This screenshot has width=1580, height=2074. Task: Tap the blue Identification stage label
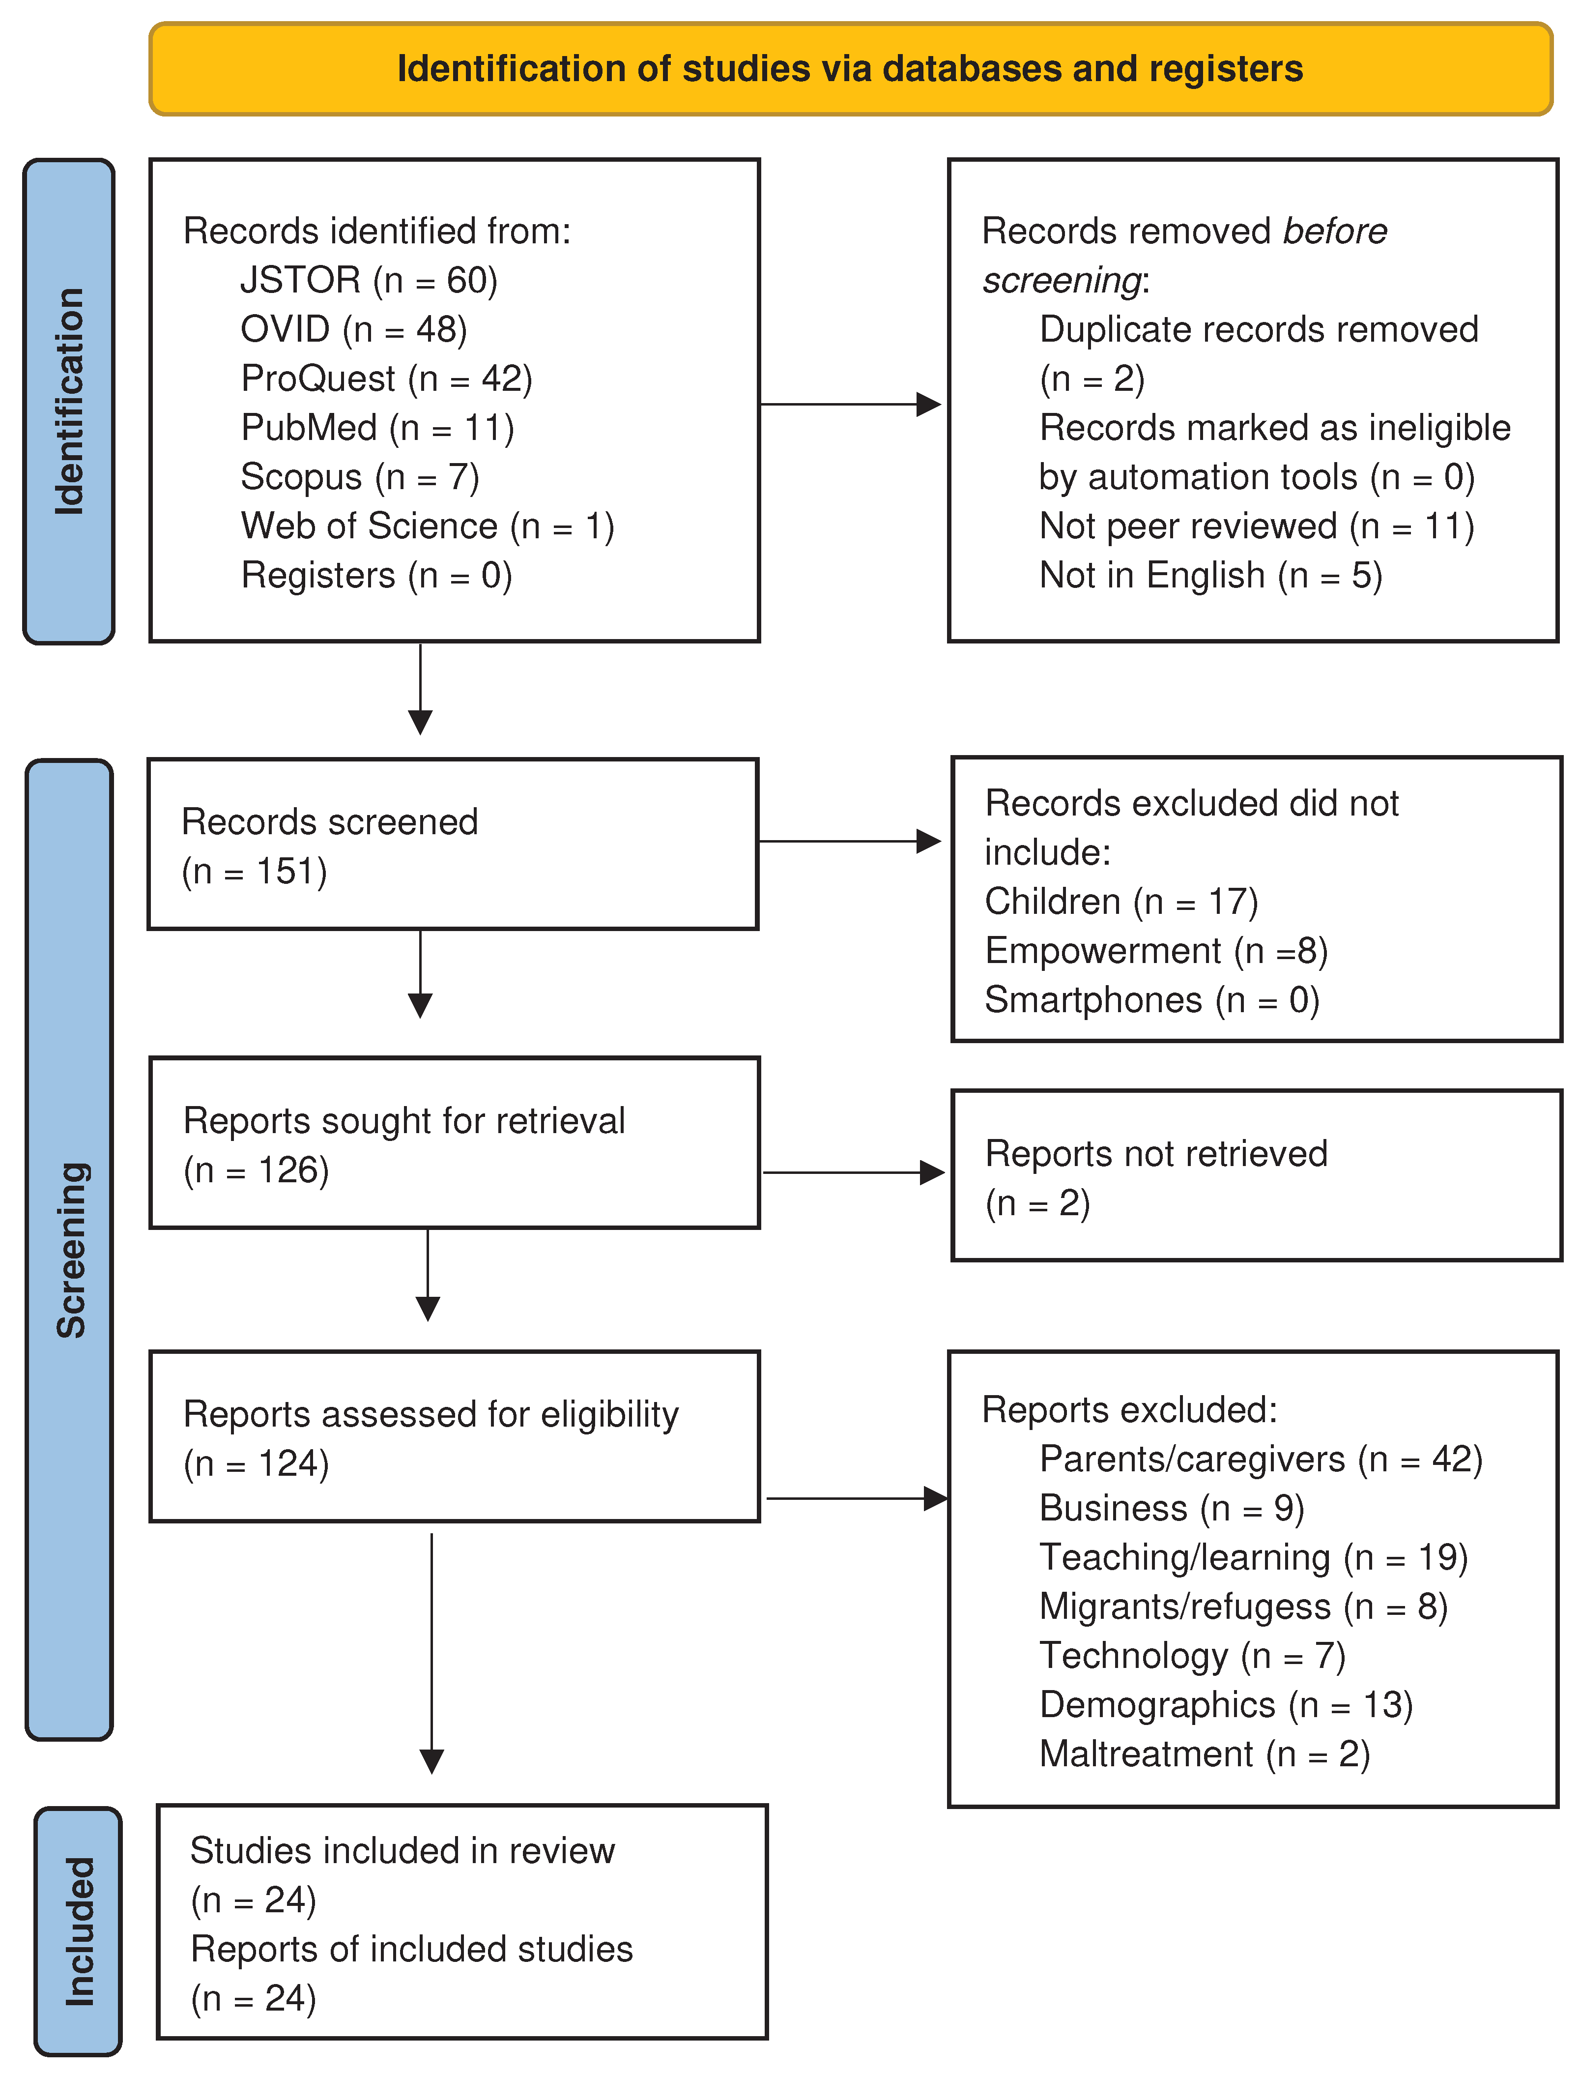point(69,402)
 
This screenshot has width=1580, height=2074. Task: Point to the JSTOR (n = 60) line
point(369,280)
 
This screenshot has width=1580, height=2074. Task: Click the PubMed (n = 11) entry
point(377,428)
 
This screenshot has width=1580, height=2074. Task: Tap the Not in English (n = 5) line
point(1210,576)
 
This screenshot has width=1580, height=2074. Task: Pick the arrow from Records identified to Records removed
point(849,405)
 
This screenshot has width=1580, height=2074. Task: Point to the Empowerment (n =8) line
point(1156,951)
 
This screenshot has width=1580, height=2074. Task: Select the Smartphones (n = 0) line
point(1152,1000)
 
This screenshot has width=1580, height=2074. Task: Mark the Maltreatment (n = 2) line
point(1204,1754)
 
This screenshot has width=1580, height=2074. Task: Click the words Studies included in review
point(402,1851)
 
